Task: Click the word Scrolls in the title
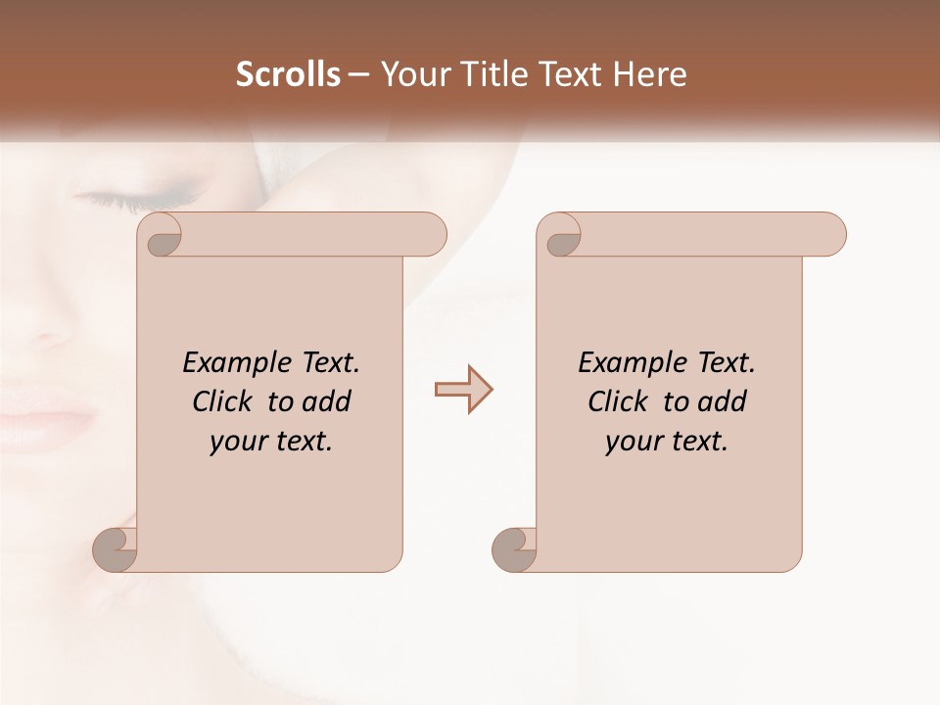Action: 289,74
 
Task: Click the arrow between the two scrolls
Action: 463,390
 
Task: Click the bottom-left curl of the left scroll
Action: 117,550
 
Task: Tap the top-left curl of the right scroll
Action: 561,236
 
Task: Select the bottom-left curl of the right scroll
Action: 515,550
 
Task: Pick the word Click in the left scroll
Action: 226,401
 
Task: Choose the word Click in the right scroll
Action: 621,401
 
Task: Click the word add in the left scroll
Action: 327,401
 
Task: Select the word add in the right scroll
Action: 723,401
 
